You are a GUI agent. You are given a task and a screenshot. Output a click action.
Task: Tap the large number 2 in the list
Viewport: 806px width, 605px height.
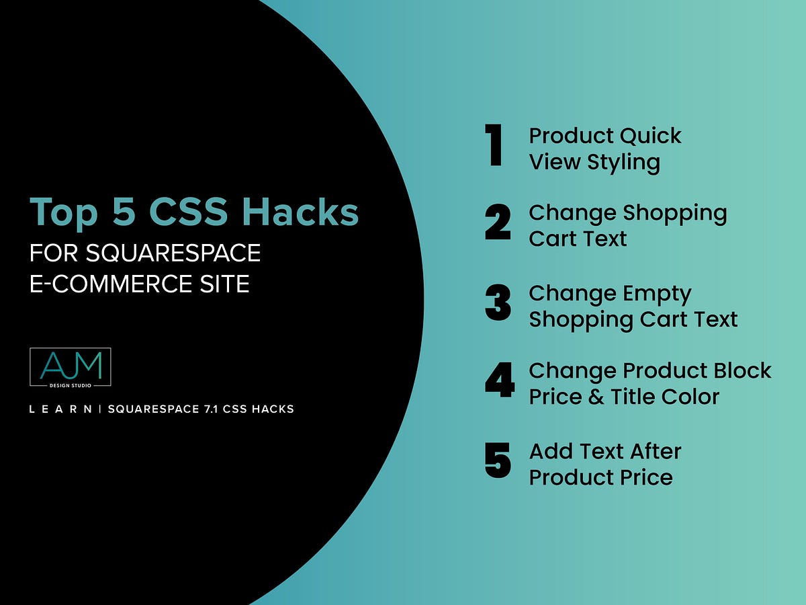tap(498, 224)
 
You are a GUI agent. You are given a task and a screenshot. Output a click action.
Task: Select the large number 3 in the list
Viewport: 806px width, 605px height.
tap(498, 303)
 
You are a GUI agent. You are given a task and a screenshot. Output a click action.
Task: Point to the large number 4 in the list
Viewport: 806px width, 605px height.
tap(499, 381)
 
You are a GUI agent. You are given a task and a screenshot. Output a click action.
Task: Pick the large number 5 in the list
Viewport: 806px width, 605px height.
tap(498, 460)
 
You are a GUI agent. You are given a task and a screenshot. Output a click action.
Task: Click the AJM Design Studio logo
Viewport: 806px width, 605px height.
tap(71, 367)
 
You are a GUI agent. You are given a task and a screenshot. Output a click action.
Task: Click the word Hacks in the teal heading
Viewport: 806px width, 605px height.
tap(301, 212)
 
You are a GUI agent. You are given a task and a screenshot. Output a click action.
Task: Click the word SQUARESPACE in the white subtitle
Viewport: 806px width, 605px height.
tap(173, 253)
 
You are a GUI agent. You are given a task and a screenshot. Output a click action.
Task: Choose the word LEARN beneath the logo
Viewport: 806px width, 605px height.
tap(60, 409)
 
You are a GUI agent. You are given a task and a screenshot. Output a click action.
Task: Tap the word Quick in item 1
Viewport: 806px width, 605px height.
tap(650, 136)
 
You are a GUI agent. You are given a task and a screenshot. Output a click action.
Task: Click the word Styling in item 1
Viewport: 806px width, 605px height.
tap(623, 162)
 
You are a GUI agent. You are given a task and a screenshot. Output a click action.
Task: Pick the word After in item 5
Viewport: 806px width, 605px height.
tap(650, 451)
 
